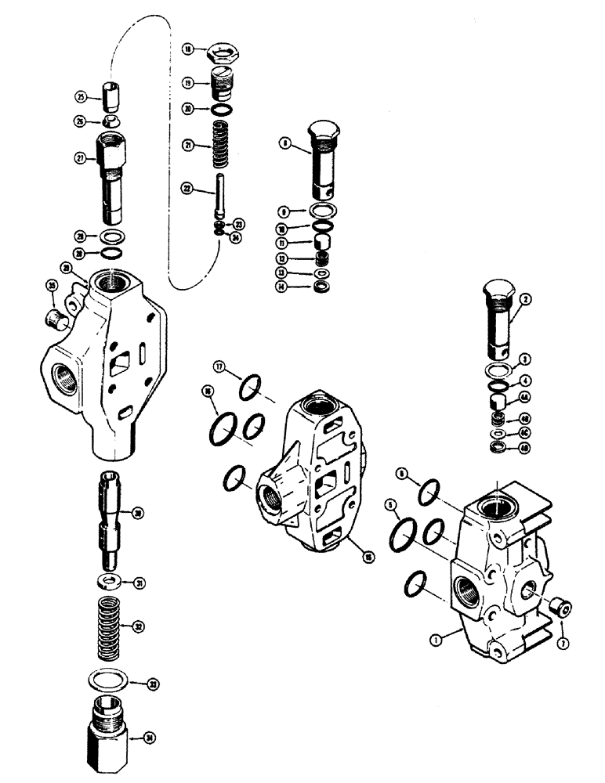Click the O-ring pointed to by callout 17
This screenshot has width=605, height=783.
click(x=247, y=388)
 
